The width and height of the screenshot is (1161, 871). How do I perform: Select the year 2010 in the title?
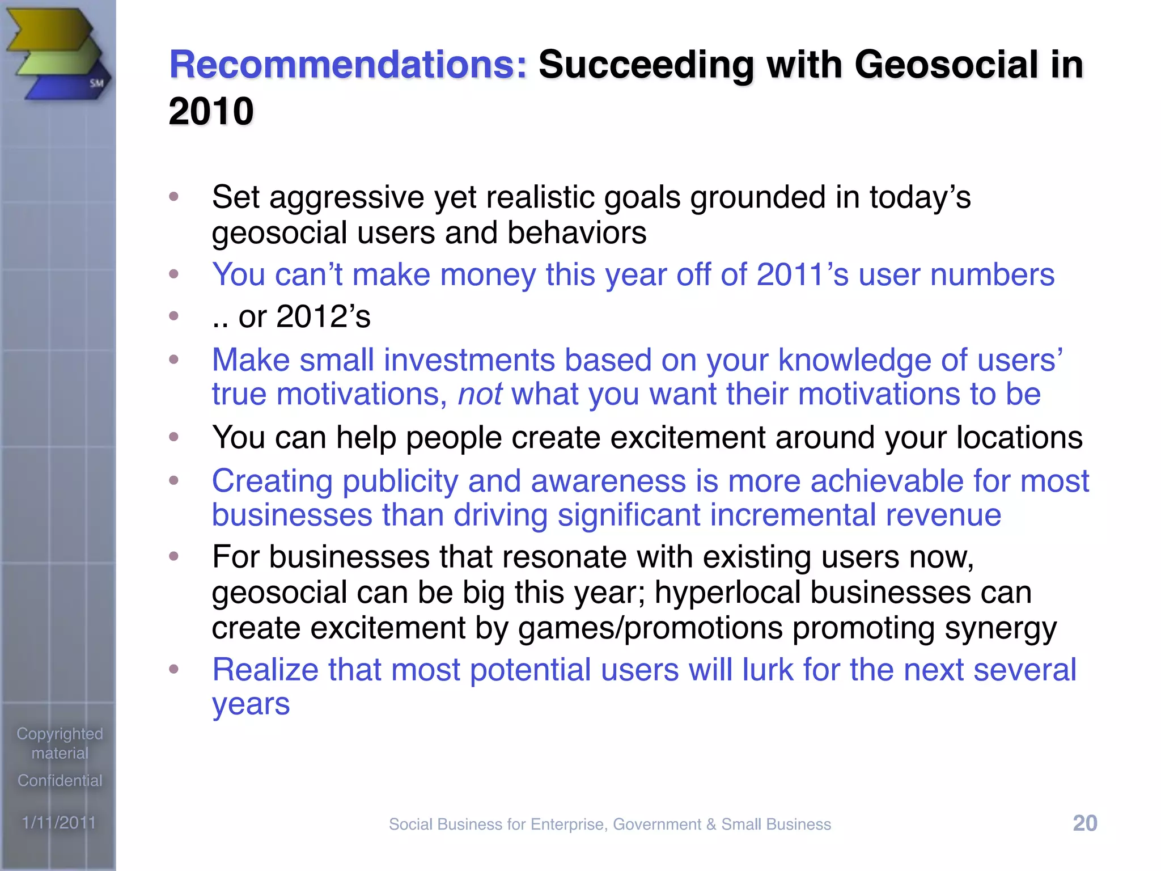coord(211,111)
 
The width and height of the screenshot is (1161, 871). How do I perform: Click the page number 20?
coord(1085,823)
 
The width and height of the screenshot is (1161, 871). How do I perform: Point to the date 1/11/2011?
coord(59,822)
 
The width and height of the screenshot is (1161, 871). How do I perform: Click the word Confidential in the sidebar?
coord(60,780)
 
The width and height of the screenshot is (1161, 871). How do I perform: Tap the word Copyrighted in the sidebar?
coord(60,734)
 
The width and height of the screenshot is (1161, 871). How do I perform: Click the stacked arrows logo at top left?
coord(57,54)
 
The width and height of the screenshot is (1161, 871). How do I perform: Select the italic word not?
coord(480,394)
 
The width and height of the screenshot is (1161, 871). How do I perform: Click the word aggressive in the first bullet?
coord(346,198)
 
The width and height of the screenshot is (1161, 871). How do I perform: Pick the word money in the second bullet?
coord(488,275)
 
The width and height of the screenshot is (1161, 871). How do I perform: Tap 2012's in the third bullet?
coord(323,316)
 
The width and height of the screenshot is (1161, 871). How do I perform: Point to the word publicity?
coord(400,481)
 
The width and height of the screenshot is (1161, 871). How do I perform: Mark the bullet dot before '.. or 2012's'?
coord(174,315)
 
